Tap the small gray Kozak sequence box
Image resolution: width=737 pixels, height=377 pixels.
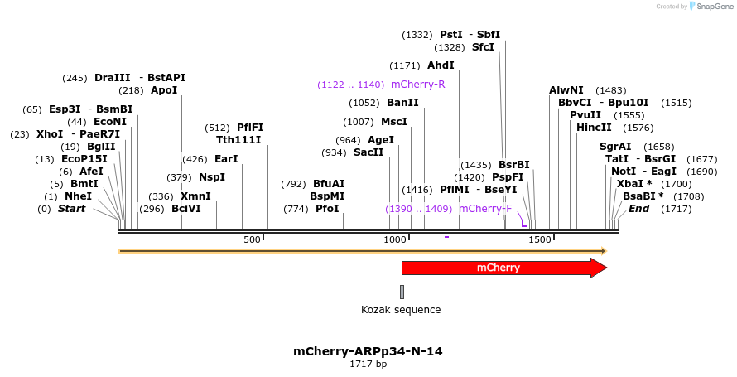[402, 292]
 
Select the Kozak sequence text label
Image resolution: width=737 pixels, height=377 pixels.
[401, 310]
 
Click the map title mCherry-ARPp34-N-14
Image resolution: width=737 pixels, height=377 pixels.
[368, 351]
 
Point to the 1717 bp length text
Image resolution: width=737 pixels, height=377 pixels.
[368, 364]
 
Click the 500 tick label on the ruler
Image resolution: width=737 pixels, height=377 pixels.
[252, 239]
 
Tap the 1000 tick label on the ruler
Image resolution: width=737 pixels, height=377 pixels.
[394, 239]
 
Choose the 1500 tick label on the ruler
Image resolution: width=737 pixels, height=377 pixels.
[540, 239]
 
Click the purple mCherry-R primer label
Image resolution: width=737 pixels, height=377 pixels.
[417, 85]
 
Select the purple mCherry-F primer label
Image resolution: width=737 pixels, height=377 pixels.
[485, 209]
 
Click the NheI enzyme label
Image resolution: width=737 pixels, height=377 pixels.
[79, 196]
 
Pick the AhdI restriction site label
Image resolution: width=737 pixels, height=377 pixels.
[441, 65]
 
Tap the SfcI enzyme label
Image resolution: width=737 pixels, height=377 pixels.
[483, 47]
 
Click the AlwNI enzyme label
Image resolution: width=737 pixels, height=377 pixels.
[566, 90]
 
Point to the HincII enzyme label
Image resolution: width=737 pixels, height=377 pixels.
[594, 128]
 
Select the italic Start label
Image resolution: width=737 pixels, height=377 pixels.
[71, 209]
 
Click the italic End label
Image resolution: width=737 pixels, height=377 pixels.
[638, 209]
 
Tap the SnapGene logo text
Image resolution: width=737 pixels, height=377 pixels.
[711, 7]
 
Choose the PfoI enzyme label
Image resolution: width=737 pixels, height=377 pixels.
[327, 209]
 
